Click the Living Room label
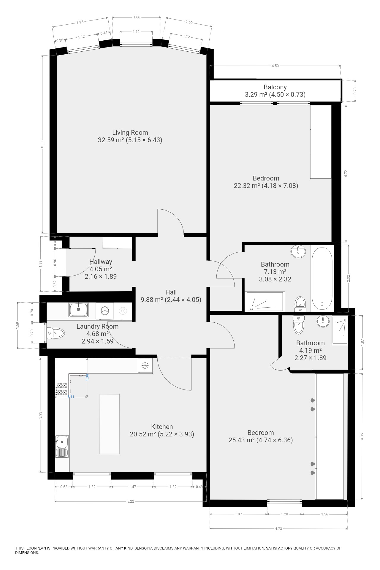click(130, 132)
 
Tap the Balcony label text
click(275, 87)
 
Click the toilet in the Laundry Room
click(56, 333)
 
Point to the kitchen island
click(110, 424)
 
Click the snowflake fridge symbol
click(145, 365)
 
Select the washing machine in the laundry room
click(105, 311)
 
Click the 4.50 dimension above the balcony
click(275, 66)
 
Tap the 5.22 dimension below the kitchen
click(130, 501)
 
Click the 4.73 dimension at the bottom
click(278, 528)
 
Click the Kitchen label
click(162, 427)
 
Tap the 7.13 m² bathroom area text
click(275, 272)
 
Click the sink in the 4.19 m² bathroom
click(323, 321)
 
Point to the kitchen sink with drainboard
click(62, 446)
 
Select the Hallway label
click(101, 262)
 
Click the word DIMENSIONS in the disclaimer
click(27, 553)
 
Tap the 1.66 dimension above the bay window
click(137, 17)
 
